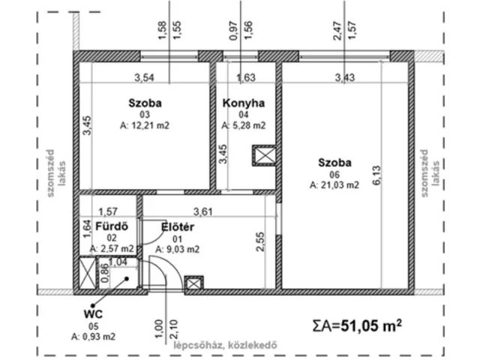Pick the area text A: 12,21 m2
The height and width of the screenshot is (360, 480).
point(145,126)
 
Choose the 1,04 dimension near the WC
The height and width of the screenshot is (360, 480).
point(117,262)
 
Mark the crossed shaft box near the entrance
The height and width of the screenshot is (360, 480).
point(193,284)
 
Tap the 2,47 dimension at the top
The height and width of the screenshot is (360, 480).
point(337,31)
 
